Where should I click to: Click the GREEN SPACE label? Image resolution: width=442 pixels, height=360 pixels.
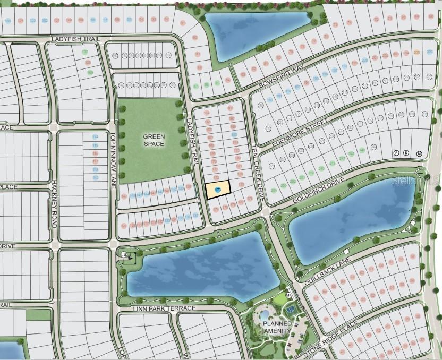(154, 140)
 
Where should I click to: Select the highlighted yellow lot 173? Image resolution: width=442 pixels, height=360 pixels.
(218, 190)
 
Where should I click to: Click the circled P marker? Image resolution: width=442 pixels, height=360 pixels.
(396, 153)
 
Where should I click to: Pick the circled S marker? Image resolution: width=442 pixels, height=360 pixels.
(406, 153)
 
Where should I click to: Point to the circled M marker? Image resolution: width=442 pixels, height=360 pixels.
(419, 153)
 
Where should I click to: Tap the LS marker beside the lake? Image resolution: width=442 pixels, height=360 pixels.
(125, 256)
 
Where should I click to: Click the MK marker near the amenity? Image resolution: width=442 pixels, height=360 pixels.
(289, 296)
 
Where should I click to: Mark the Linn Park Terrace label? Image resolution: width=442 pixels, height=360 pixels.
(164, 308)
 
